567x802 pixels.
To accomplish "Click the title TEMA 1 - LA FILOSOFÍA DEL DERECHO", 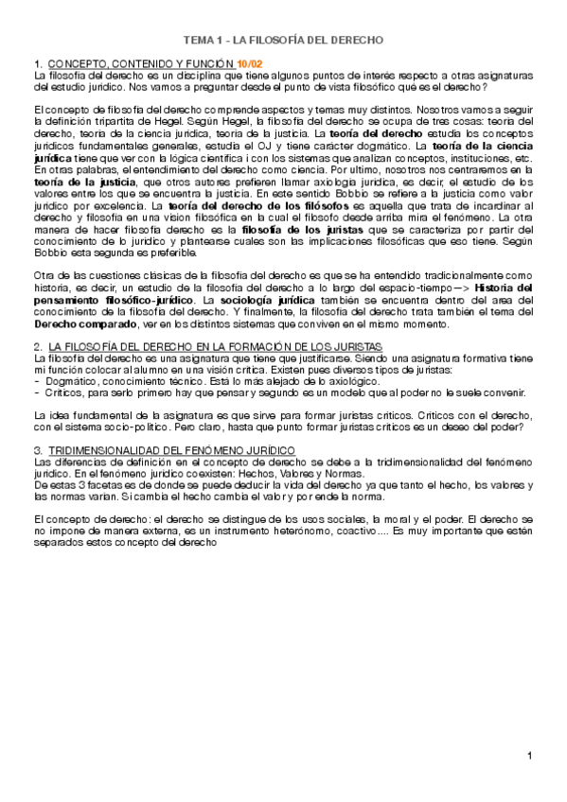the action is click(283, 41).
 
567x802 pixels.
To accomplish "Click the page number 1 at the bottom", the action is click(531, 755).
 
